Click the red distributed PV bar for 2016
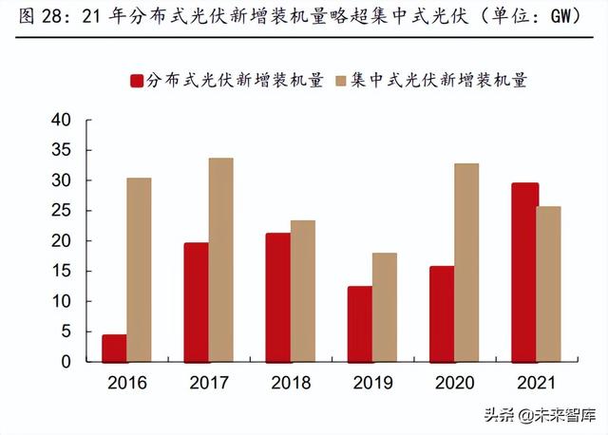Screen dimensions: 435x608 coord(114,348)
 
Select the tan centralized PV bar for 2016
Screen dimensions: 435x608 coord(139,270)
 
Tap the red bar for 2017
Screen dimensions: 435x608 coord(196,302)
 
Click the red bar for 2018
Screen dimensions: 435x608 coord(278,297)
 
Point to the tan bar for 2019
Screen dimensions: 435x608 coord(385,307)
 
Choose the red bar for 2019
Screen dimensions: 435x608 coord(360,324)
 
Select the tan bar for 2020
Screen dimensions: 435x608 coord(466,262)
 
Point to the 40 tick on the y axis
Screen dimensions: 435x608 coord(61,120)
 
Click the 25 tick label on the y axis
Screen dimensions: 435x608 coord(61,211)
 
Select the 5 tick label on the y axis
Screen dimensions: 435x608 coord(66,331)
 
